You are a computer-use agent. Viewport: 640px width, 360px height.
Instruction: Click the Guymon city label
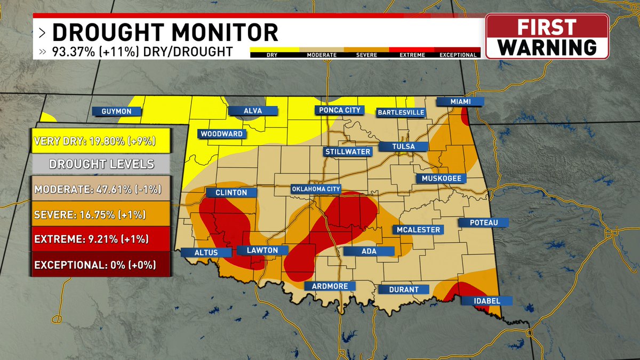[x=116, y=111]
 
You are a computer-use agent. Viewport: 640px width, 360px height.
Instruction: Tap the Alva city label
[x=253, y=111]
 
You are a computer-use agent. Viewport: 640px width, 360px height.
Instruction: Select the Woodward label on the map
[x=221, y=134]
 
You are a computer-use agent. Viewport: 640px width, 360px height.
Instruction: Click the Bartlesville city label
[x=401, y=113]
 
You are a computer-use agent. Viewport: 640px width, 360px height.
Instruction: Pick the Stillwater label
[x=348, y=151]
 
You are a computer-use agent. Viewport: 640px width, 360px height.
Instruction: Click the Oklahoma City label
[x=316, y=189]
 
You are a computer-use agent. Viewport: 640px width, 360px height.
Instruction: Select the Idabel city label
[x=487, y=301]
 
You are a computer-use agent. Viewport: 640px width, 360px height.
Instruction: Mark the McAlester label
[x=418, y=230]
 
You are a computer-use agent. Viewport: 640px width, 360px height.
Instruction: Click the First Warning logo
[x=547, y=36]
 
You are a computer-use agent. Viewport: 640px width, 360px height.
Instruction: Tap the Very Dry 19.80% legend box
[x=100, y=141]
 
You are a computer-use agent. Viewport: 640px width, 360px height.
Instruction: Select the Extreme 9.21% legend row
[x=100, y=238]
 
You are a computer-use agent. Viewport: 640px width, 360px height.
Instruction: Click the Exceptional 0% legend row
[x=100, y=264]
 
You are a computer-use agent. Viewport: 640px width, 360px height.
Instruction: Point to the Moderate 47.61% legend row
[x=100, y=189]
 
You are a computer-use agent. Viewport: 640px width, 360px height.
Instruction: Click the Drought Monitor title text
[x=165, y=33]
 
